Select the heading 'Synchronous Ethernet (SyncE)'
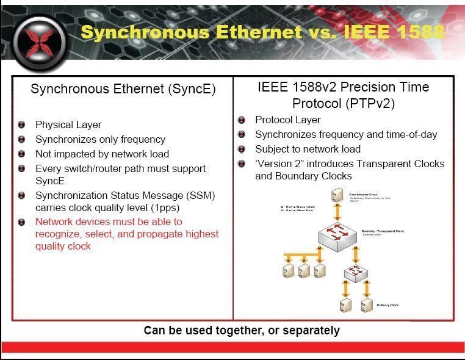pos(123,89)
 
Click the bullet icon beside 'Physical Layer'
pos(22,124)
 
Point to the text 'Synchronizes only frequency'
pos(100,139)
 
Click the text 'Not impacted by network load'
pos(102,154)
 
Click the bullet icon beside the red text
pos(22,221)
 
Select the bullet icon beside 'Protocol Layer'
pos(242,120)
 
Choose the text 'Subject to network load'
pos(308,149)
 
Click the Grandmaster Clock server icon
pos(336,196)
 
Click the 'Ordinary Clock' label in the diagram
pos(387,304)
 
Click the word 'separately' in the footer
pos(311,330)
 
